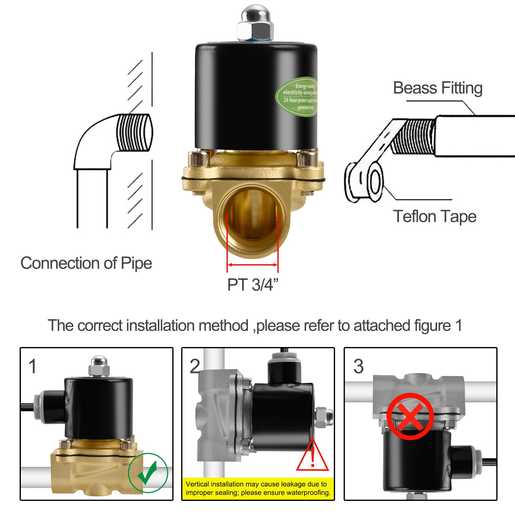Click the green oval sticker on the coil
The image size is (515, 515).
pyautogui.click(x=297, y=96)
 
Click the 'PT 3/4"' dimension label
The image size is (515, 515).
pyautogui.click(x=253, y=285)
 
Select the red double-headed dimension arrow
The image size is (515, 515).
pyautogui.click(x=253, y=265)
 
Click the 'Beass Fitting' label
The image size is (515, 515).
pyautogui.click(x=438, y=88)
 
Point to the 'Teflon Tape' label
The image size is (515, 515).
pyautogui.click(x=435, y=216)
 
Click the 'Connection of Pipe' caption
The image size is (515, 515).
pyautogui.click(x=86, y=263)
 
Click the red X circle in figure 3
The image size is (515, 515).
pyautogui.click(x=410, y=416)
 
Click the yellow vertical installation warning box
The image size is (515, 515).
pyautogui.click(x=258, y=488)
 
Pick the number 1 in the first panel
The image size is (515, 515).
pyautogui.click(x=32, y=366)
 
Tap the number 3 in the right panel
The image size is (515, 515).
pyautogui.click(x=358, y=366)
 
